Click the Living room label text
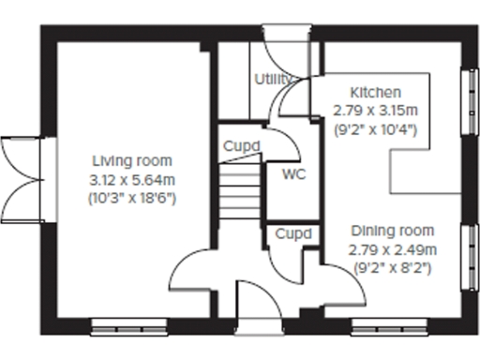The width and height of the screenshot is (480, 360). [x=131, y=161]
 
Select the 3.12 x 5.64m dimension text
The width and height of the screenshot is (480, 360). [x=131, y=179]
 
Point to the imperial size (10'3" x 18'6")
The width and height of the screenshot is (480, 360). [x=131, y=198]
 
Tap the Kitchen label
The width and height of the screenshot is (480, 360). [x=375, y=93]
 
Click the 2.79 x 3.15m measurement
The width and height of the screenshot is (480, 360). [x=375, y=111]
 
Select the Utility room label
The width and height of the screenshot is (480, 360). [x=273, y=79]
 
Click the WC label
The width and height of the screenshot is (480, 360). [x=293, y=174]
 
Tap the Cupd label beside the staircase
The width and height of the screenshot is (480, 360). [x=241, y=146]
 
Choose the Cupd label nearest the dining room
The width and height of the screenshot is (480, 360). [x=293, y=232]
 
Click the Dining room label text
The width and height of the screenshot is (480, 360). [x=392, y=231]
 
